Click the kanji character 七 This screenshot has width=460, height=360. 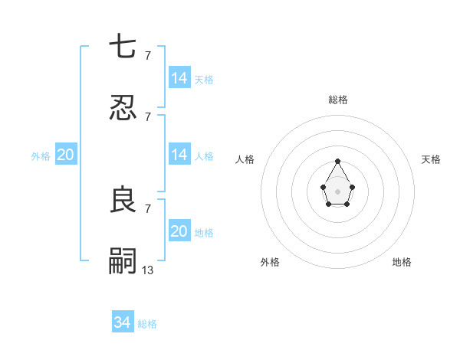tap(123, 47)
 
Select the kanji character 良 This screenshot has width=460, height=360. tap(123, 200)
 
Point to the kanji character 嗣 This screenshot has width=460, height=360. tap(123, 261)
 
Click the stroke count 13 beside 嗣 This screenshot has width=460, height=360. tap(148, 270)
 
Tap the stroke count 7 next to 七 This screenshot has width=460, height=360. tap(148, 55)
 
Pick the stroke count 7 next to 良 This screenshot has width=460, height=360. tap(148, 208)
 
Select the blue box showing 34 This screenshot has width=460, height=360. tap(123, 322)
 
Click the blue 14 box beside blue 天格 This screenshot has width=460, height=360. tap(179, 77)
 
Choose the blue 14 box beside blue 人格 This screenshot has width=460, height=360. tap(179, 155)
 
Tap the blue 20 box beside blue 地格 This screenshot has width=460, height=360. tap(179, 231)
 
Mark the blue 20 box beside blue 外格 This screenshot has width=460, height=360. tap(66, 155)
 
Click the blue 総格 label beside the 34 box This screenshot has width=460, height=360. tap(147, 324)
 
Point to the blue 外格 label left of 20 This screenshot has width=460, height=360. tap(41, 156)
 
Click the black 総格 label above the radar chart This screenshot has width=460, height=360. tap(338, 100)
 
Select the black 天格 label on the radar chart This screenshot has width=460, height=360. tap(432, 159)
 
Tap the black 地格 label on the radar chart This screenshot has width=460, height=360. tap(402, 262)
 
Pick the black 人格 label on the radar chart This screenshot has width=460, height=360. tap(245, 159)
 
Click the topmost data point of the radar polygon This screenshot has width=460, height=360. tap(337, 161)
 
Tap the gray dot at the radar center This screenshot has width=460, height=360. tap(337, 190)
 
